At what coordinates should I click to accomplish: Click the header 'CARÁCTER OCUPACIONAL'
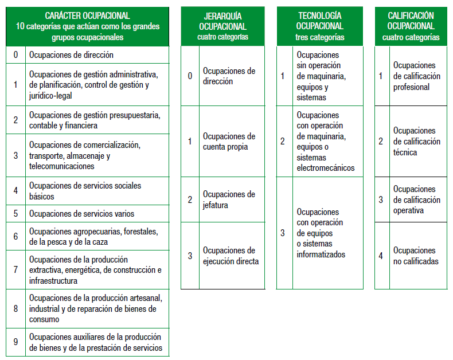pyautogui.click(x=87, y=16)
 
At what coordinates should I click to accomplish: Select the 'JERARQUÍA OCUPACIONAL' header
pyautogui.click(x=222, y=21)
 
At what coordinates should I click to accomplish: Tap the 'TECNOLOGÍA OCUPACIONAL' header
pyautogui.click(x=319, y=21)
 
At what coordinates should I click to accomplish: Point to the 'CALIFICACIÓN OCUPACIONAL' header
pyautogui.click(x=411, y=21)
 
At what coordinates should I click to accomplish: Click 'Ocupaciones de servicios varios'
pyautogui.click(x=81, y=214)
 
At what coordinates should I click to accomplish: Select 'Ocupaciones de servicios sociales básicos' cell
pyautogui.click(x=85, y=191)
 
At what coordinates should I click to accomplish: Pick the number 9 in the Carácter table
pyautogui.click(x=16, y=342)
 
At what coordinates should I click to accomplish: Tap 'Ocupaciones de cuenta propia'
pyautogui.click(x=229, y=142)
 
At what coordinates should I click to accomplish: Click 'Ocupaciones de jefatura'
pyautogui.click(x=229, y=199)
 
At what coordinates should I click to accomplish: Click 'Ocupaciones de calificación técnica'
pyautogui.click(x=416, y=142)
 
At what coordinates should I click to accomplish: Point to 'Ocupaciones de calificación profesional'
pyautogui.click(x=416, y=76)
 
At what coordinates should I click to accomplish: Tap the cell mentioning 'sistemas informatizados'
pyautogui.click(x=321, y=233)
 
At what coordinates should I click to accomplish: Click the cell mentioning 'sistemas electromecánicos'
pyautogui.click(x=325, y=141)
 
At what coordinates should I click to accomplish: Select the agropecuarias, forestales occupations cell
pyautogui.click(x=93, y=237)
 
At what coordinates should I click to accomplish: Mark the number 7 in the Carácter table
pyautogui.click(x=16, y=271)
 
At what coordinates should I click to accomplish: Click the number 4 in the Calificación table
pyautogui.click(x=381, y=256)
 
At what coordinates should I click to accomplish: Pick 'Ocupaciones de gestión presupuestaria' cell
pyautogui.click(x=95, y=120)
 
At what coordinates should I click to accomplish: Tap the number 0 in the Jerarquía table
pyautogui.click(x=190, y=76)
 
